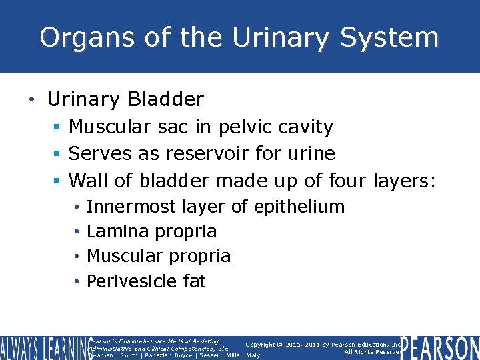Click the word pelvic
click(233, 127)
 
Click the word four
click(347, 180)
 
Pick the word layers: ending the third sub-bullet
click(404, 180)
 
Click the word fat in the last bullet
click(194, 281)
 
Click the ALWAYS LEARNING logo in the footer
click(43, 347)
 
